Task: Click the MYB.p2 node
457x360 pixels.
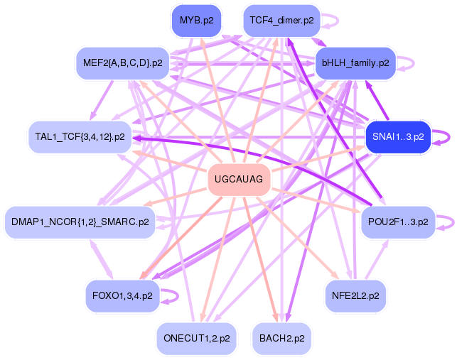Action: pos(196,21)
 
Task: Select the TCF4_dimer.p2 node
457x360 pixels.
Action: pos(282,21)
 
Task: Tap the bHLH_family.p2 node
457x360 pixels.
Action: pos(355,63)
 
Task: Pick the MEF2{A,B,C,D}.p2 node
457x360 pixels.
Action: pos(122,63)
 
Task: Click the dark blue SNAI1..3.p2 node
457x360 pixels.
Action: pos(398,137)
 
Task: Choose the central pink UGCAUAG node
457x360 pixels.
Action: pos(239,180)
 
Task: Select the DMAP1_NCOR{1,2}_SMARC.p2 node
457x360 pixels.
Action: pos(80,222)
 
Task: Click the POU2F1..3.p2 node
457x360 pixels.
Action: pos(398,222)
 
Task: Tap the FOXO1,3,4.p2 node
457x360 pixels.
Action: pos(122,295)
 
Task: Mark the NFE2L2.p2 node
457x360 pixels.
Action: pos(355,295)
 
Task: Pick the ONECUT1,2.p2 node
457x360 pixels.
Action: pos(195,338)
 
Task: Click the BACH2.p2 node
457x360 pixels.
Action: pos(281,338)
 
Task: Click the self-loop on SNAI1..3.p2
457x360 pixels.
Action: pos(443,137)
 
